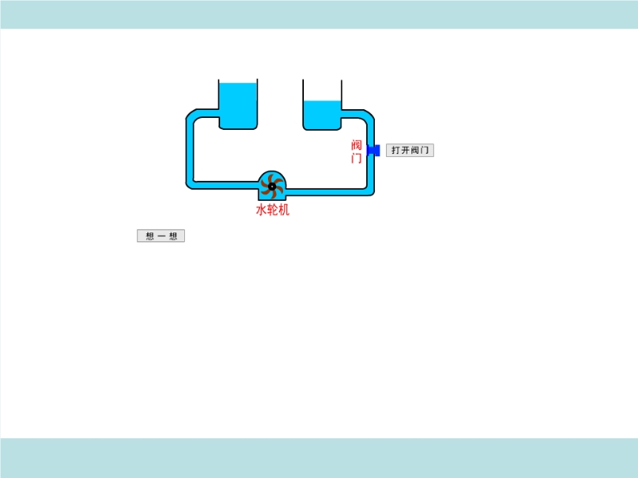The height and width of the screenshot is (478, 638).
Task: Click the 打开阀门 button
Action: coord(410,150)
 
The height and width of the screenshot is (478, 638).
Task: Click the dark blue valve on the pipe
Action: coord(372,150)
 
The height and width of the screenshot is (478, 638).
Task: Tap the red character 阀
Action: coord(356,145)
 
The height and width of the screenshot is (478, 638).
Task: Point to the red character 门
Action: coord(356,158)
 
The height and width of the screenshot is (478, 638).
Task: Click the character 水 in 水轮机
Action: coord(261,210)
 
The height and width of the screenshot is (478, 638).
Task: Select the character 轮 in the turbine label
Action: coord(272,210)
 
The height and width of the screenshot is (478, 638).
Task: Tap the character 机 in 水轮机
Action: coord(284,210)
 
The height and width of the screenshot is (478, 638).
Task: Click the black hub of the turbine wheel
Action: coord(272,186)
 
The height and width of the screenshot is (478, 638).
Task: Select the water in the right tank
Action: coord(322,113)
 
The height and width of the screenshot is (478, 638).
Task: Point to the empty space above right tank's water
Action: coord(322,90)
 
